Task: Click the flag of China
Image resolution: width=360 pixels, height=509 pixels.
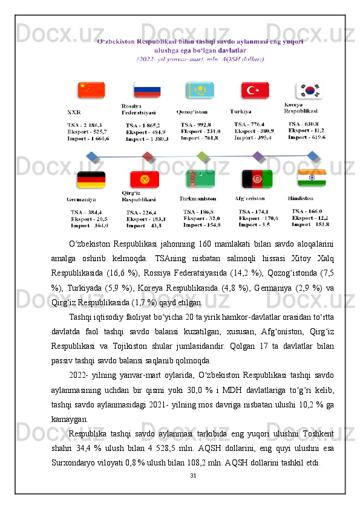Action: click(91, 90)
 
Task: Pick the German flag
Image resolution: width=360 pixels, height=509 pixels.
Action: click(91, 180)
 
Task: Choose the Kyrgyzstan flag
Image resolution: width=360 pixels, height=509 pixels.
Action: click(145, 180)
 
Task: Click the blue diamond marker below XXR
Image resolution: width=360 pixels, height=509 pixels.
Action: click(92, 157)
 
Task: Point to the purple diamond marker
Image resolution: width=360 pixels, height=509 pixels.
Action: click(258, 157)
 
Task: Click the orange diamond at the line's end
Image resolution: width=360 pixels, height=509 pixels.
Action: click(313, 157)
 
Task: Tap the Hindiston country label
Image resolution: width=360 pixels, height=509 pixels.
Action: click(300, 198)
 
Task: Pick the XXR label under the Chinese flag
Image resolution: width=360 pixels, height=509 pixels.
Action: click(74, 112)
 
